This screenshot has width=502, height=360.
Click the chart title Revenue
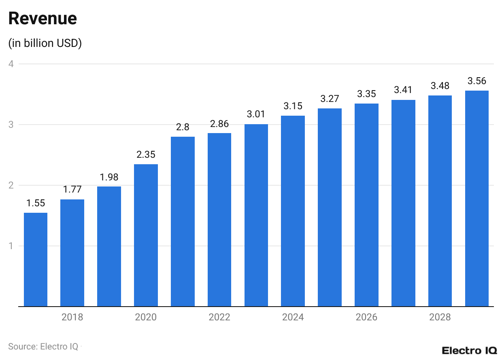click(x=43, y=19)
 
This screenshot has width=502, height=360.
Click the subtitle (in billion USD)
click(x=45, y=43)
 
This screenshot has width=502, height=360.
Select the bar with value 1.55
click(x=36, y=259)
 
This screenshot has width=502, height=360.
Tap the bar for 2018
click(x=72, y=253)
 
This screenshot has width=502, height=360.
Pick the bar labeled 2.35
click(x=146, y=235)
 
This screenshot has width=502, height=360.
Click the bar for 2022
click(x=219, y=220)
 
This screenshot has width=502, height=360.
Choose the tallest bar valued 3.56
click(x=476, y=198)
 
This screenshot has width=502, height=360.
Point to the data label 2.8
click(x=183, y=127)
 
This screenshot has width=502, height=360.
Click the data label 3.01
click(x=256, y=114)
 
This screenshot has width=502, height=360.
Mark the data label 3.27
click(x=330, y=99)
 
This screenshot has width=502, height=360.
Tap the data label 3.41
click(x=403, y=90)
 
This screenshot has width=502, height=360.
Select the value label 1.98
click(x=109, y=177)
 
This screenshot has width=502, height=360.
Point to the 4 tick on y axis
click(x=11, y=64)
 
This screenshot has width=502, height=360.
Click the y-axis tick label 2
click(x=11, y=185)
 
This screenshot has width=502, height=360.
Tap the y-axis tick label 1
click(x=11, y=246)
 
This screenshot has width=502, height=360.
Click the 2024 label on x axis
click(x=293, y=317)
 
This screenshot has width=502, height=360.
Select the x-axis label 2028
click(x=440, y=317)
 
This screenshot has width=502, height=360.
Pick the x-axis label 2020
click(x=146, y=317)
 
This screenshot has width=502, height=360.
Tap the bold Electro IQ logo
click(x=469, y=350)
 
